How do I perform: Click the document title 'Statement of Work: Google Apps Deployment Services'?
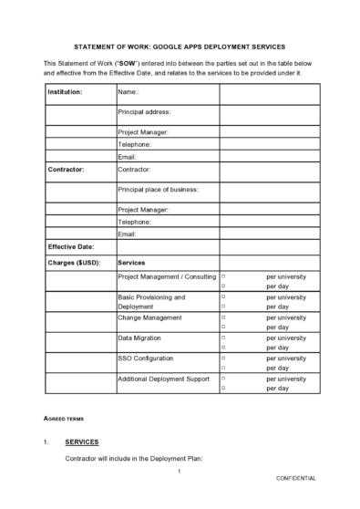[179, 45]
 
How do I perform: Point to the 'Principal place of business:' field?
[158, 189]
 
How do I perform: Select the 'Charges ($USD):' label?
[74, 263]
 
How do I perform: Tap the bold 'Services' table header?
[133, 263]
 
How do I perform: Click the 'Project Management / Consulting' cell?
[167, 276]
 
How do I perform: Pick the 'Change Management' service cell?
[150, 317]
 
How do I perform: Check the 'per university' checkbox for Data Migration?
[224, 338]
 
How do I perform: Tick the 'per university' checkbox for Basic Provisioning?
[224, 297]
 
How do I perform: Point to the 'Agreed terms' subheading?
[64, 419]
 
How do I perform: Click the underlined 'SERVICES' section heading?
[82, 442]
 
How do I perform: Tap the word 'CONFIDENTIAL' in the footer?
[296, 503]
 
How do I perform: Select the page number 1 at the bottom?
[180, 496]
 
